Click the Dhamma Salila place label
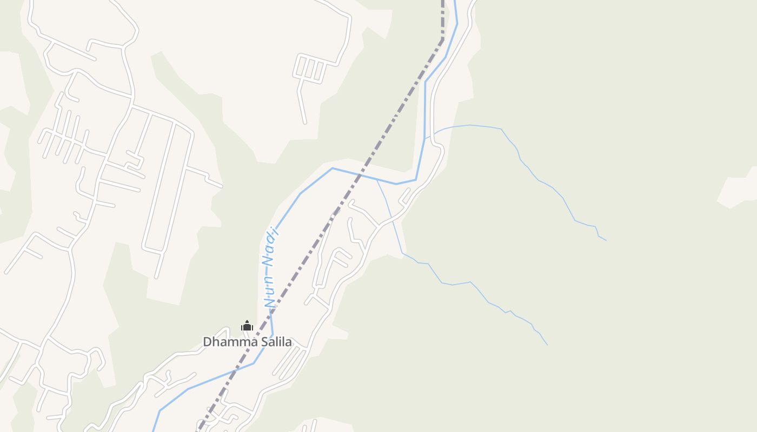(247, 341)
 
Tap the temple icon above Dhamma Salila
(247, 326)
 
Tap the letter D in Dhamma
(207, 341)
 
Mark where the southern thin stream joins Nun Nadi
(377, 180)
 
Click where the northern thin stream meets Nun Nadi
(425, 138)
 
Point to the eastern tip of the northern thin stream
(606, 240)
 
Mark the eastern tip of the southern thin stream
(547, 345)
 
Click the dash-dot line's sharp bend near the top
(443, 39)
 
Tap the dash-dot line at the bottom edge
(198, 429)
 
